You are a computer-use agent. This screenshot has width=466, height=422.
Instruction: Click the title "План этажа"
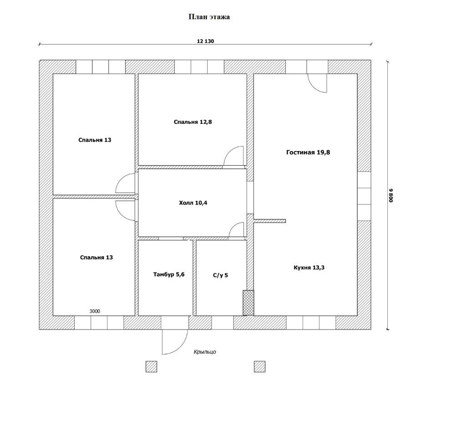(209, 17)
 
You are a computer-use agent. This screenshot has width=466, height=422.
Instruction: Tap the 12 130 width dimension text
(205, 41)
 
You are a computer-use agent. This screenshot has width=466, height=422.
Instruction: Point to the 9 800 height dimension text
(390, 196)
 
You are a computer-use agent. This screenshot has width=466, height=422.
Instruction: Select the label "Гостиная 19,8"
(308, 153)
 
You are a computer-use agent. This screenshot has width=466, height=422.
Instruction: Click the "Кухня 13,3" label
(309, 268)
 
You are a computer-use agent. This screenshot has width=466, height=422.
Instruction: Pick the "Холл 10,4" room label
(193, 203)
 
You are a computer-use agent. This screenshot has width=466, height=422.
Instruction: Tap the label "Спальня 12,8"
(192, 122)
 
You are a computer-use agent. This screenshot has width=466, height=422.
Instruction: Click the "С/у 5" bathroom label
(220, 275)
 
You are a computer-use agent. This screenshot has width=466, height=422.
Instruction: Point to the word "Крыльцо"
(205, 352)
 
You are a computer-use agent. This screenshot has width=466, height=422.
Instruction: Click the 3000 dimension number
(95, 311)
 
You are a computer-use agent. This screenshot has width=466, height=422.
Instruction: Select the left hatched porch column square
(151, 366)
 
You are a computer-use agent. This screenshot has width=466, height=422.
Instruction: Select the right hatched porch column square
(259, 366)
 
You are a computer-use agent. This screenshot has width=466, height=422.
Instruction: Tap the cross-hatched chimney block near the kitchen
(248, 303)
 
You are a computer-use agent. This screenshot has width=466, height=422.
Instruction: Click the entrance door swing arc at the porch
(174, 341)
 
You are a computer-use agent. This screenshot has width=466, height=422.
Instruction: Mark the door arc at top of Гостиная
(317, 83)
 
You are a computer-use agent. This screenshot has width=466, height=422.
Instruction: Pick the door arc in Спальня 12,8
(234, 156)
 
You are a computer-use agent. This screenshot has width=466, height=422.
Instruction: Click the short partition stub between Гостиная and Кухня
(270, 221)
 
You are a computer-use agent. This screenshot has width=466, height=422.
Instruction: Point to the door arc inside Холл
(237, 230)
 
